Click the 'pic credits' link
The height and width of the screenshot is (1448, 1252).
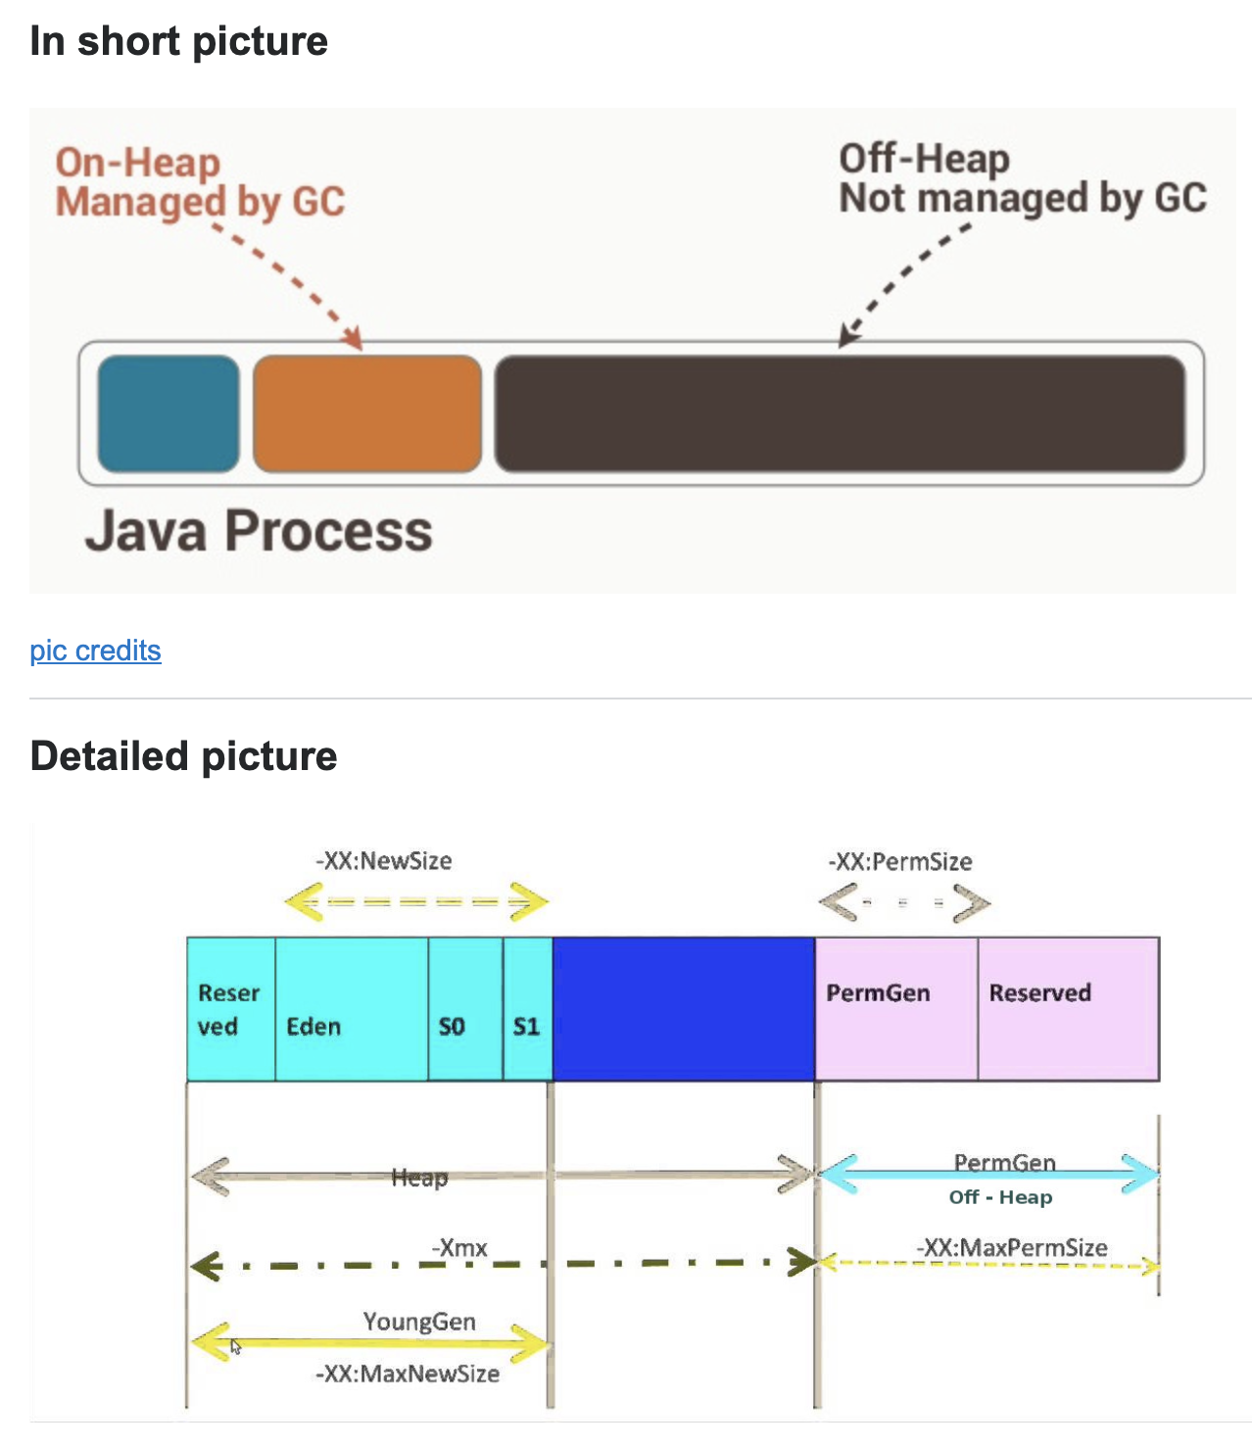[x=95, y=651]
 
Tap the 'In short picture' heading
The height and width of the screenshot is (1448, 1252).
[x=178, y=41]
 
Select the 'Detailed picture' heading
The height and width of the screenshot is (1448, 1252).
[x=183, y=756]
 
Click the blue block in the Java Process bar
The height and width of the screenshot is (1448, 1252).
[x=169, y=413]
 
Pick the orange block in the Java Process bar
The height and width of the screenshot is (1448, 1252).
[x=367, y=413]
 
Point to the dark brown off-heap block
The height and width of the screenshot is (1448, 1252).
[x=840, y=413]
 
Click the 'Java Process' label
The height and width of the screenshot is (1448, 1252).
[x=259, y=531]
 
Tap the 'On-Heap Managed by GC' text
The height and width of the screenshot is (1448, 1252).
[x=200, y=182]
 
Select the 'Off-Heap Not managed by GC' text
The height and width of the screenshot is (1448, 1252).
[x=1022, y=178]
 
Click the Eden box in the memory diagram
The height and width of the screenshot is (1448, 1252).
[x=351, y=1009]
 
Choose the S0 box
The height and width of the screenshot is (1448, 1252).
[x=465, y=1009]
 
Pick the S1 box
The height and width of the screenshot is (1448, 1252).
[x=527, y=1009]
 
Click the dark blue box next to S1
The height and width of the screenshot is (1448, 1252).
[x=683, y=1009]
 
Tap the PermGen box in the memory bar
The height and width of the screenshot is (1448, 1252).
[x=895, y=1009]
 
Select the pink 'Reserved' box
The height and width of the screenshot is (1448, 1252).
[x=1068, y=1009]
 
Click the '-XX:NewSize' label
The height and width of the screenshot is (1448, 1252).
[x=383, y=861]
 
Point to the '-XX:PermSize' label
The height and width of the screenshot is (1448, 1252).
[x=900, y=862]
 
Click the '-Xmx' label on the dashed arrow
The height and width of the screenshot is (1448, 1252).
[x=459, y=1248]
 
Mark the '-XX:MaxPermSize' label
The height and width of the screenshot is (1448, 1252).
[x=1012, y=1248]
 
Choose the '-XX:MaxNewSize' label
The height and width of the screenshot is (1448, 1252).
[x=408, y=1374]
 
